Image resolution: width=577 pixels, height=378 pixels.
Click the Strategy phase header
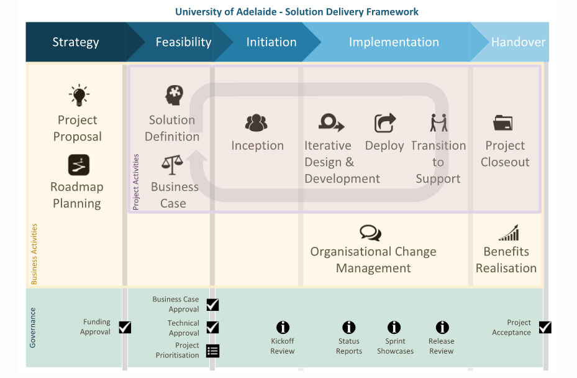click(76, 42)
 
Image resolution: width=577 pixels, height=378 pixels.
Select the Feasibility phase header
click(183, 42)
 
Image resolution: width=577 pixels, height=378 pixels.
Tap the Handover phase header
click(517, 42)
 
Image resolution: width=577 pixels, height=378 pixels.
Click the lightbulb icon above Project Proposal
click(79, 96)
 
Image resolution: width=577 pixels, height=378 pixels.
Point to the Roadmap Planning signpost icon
click(79, 165)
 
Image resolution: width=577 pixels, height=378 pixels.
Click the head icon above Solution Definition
click(175, 95)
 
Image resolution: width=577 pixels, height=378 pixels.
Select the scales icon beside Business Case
click(171, 165)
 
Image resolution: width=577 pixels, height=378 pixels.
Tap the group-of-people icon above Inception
click(256, 123)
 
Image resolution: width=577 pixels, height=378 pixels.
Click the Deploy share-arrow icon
click(385, 123)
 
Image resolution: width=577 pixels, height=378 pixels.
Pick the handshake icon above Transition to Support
click(438, 123)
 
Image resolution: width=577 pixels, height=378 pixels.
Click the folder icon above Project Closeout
click(502, 123)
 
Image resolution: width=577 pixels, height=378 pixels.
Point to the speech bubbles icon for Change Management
click(370, 233)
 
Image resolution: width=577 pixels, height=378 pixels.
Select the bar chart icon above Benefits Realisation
click(509, 234)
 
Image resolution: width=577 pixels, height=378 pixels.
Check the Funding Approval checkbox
click(125, 327)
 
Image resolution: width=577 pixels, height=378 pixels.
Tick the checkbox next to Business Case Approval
click(212, 305)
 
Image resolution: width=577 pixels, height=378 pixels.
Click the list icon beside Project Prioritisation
click(212, 351)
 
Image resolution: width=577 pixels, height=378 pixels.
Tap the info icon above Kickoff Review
click(283, 327)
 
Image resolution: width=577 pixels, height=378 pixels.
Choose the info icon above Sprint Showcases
click(394, 327)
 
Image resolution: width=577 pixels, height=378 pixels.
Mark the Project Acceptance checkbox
click(545, 327)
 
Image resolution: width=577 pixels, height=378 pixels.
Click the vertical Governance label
click(33, 327)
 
